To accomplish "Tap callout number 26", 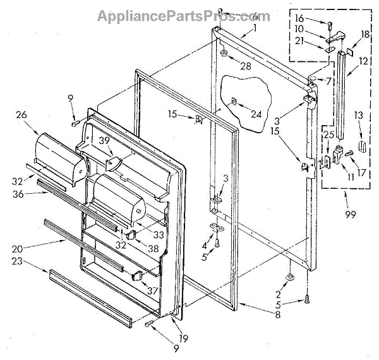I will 23,115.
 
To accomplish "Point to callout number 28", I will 246,66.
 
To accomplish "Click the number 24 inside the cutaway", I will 255,114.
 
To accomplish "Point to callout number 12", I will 364,63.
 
